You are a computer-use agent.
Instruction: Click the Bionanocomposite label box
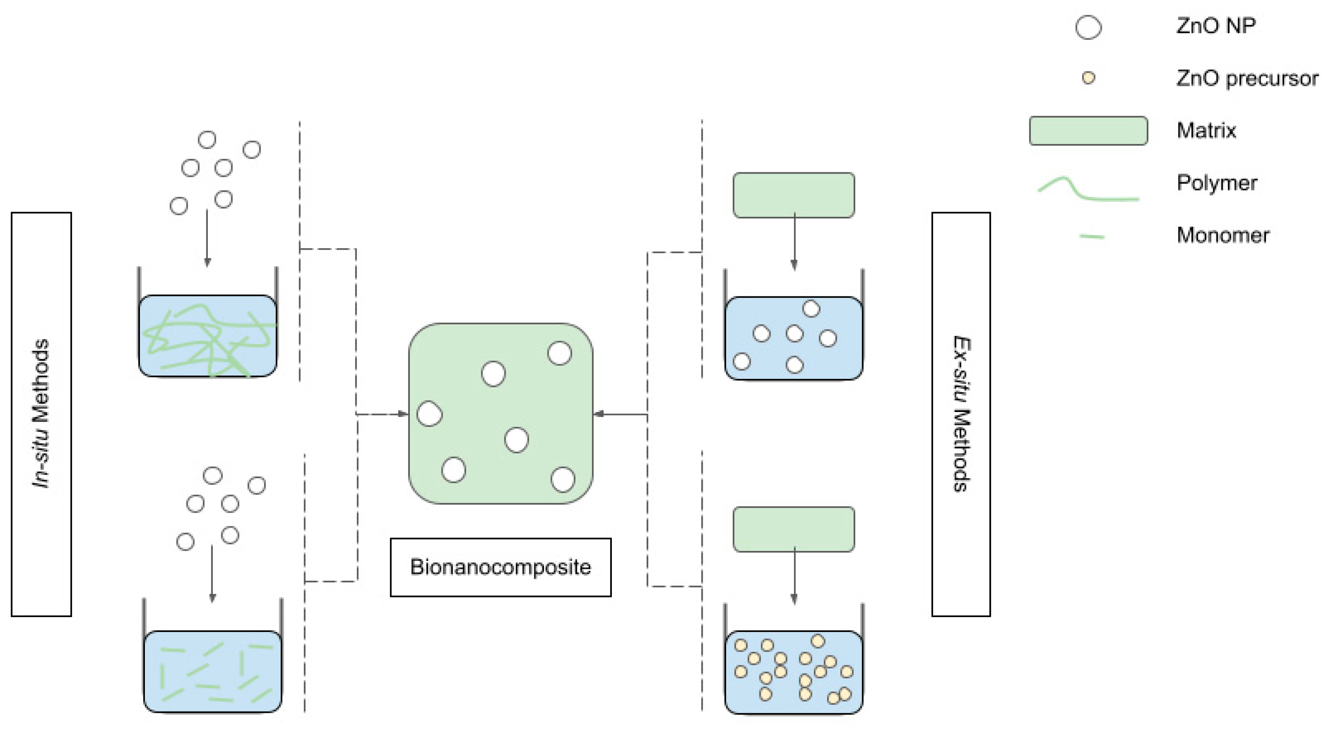pos(500,567)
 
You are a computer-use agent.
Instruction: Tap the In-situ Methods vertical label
pos(41,414)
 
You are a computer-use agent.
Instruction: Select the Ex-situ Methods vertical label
pos(961,414)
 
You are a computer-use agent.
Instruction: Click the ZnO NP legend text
pos(1216,26)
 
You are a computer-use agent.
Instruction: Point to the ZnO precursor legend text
pos(1247,78)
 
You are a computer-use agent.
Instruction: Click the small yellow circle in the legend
pos(1088,78)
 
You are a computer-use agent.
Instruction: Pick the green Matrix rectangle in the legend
pos(1088,130)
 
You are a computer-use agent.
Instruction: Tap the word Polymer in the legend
pos(1217,183)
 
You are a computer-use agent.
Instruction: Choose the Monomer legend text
pos(1222,235)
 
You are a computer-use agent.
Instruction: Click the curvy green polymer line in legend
pos(1088,189)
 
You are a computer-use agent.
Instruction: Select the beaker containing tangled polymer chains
pos(207,336)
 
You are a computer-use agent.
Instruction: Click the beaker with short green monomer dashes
pos(212,671)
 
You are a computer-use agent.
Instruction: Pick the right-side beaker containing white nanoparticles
pos(794,338)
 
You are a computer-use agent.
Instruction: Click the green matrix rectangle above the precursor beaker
pos(794,529)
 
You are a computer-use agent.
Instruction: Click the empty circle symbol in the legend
pos(1088,27)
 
